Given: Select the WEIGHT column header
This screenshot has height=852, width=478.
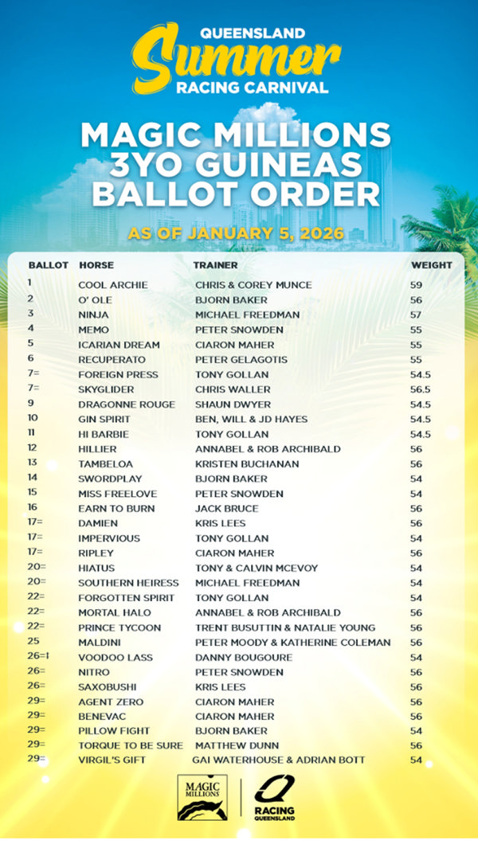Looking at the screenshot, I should coord(431,265).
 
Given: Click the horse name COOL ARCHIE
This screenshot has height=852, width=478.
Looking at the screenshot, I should coord(112,285).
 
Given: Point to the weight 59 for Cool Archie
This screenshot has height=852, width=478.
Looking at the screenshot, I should coord(417,285).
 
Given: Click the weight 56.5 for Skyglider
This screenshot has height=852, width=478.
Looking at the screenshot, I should coord(421,389).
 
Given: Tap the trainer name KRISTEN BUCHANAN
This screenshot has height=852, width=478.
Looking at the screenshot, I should coord(247,464).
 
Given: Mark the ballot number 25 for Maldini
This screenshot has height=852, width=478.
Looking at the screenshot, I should coord(33,642).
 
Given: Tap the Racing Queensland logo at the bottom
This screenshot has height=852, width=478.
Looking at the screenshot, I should coord(275,798).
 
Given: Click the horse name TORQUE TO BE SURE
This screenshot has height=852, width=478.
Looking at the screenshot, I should coord(130,746).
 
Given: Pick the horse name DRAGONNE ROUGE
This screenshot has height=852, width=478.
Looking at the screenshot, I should coord(126,405).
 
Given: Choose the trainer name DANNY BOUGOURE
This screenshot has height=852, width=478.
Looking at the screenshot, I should coord(243,658).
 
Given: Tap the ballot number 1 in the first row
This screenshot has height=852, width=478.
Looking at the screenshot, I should coord(29,283).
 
